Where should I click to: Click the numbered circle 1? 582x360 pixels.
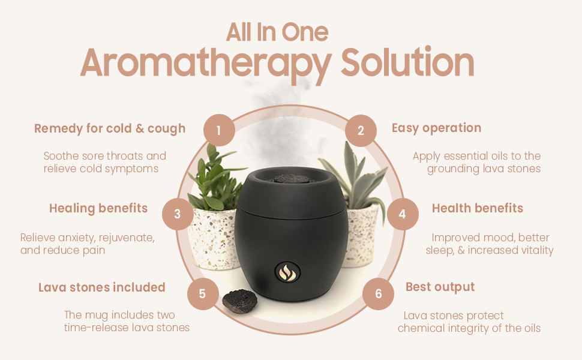pyautogui.click(x=219, y=130)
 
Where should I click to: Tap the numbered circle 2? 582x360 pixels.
pyautogui.click(x=361, y=130)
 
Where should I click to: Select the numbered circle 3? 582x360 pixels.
pyautogui.click(x=178, y=214)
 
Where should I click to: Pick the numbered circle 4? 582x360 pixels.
pyautogui.click(x=402, y=214)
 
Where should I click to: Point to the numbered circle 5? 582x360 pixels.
pyautogui.click(x=202, y=294)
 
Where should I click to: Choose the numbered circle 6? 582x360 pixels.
pyautogui.click(x=378, y=294)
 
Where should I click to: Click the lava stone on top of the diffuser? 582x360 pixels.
pyautogui.click(x=290, y=178)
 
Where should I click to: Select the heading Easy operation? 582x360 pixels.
pyautogui.click(x=436, y=128)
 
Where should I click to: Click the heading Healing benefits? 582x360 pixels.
pyautogui.click(x=98, y=208)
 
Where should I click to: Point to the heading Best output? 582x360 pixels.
pyautogui.click(x=440, y=287)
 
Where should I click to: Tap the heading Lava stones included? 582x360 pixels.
pyautogui.click(x=101, y=287)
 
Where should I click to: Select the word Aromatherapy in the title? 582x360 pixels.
pyautogui.click(x=206, y=62)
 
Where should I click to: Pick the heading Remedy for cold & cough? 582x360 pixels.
pyautogui.click(x=110, y=128)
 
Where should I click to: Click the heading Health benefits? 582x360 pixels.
pyautogui.click(x=478, y=208)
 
